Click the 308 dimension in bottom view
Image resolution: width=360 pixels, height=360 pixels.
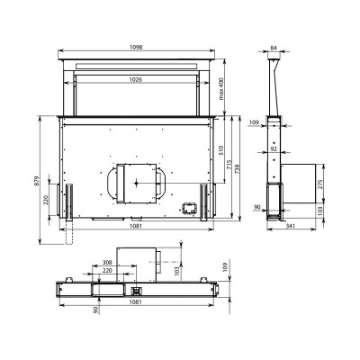coord(108,262)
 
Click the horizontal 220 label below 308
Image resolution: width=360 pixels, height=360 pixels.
coord(108,271)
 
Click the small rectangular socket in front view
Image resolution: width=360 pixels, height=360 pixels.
coord(189,206)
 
